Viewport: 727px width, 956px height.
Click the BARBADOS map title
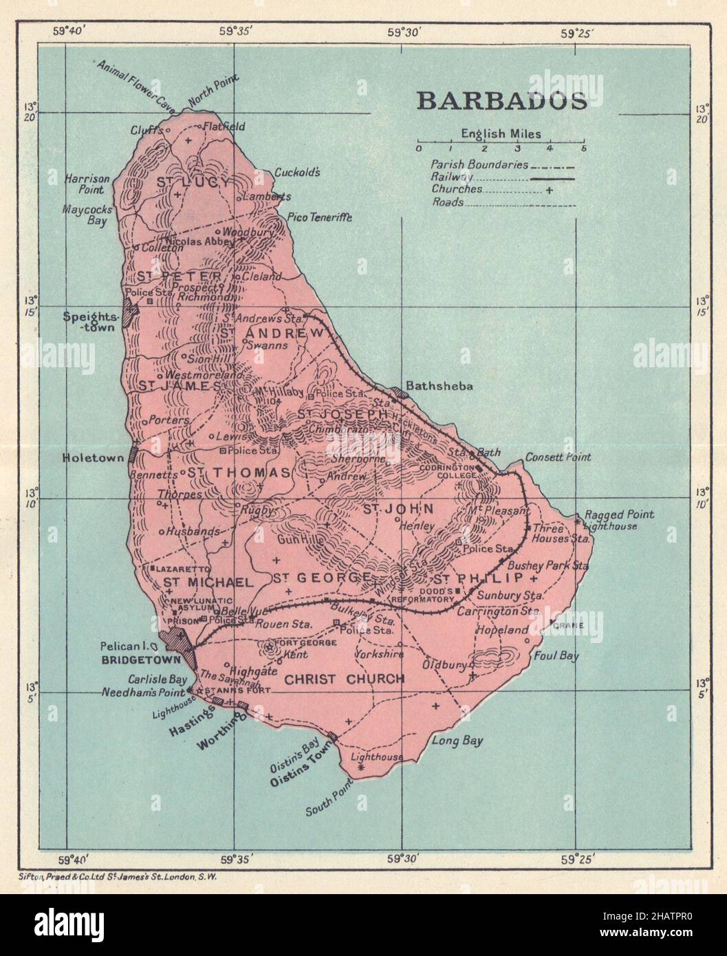pyautogui.click(x=501, y=100)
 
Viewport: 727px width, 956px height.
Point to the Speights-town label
pyautogui.click(x=91, y=322)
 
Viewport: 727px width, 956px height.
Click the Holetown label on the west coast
pyautogui.click(x=91, y=457)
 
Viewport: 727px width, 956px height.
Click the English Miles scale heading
pyautogui.click(x=501, y=134)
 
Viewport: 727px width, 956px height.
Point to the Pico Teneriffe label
pyautogui.click(x=324, y=217)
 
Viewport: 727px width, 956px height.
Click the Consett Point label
pyautogui.click(x=558, y=457)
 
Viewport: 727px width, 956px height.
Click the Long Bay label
pyautogui.click(x=457, y=741)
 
